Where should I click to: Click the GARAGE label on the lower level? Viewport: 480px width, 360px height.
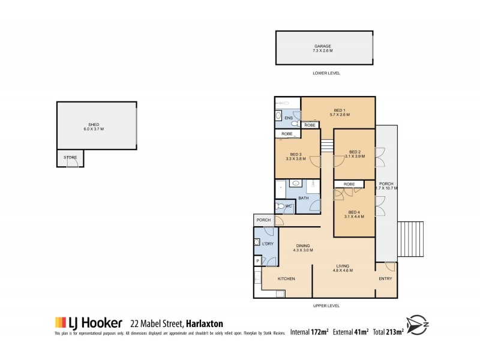[322, 46]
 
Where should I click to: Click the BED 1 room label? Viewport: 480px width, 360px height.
[340, 110]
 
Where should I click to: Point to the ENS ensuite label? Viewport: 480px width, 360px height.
[288, 118]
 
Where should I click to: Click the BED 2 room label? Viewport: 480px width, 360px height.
[355, 152]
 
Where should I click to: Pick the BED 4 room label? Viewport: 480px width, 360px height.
[355, 212]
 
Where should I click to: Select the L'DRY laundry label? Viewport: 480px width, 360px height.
[268, 244]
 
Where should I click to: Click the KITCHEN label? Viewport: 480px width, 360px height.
[286, 278]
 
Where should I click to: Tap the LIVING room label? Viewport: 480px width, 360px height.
[343, 267]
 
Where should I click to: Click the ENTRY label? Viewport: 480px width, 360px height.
[385, 278]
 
